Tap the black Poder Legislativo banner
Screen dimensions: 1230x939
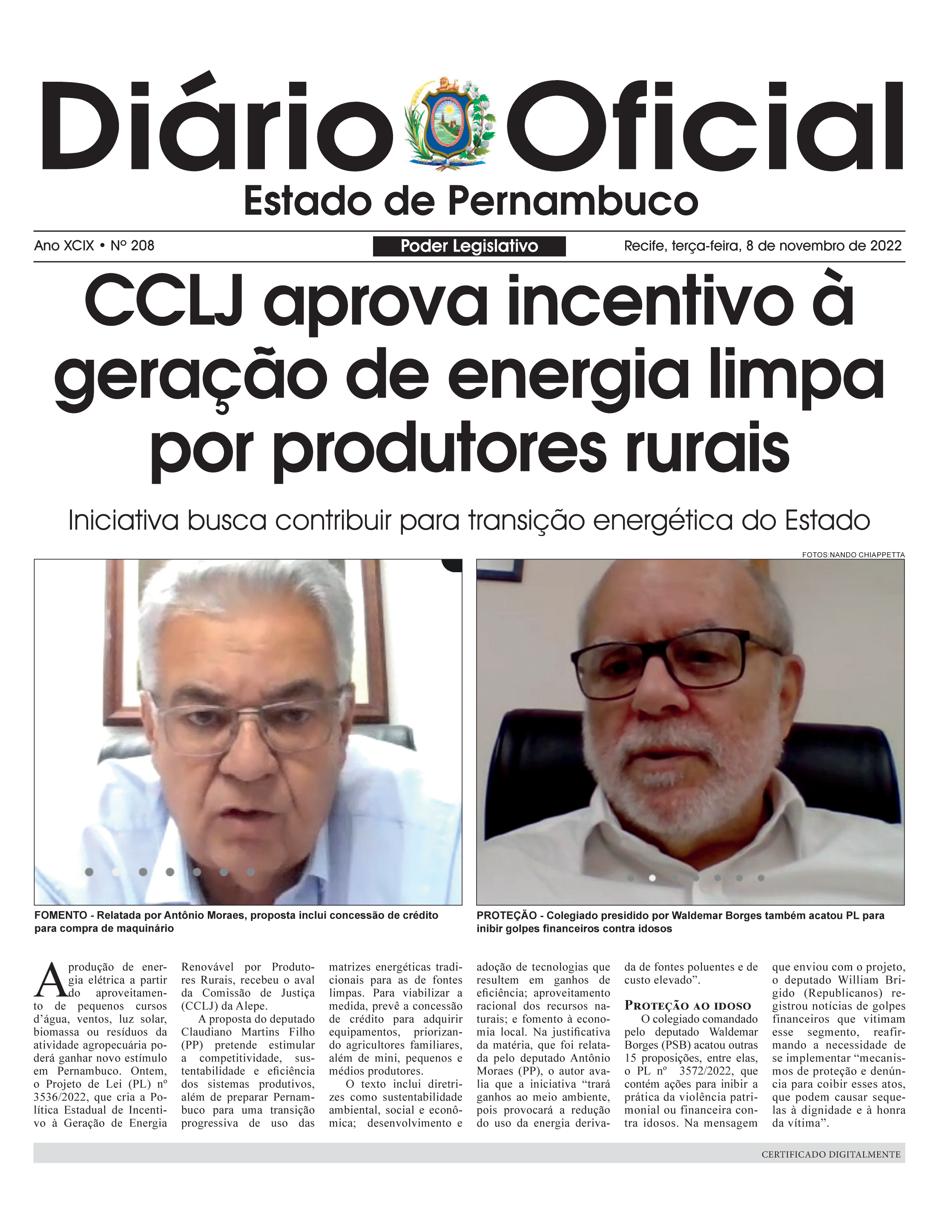(469, 246)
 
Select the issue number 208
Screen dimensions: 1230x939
(143, 246)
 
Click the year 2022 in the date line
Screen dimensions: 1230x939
(885, 246)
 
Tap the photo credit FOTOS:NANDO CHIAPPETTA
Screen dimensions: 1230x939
(853, 555)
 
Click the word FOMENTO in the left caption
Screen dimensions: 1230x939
(60, 915)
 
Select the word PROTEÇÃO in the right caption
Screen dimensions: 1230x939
(506, 915)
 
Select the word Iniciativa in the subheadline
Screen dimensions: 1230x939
(123, 520)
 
